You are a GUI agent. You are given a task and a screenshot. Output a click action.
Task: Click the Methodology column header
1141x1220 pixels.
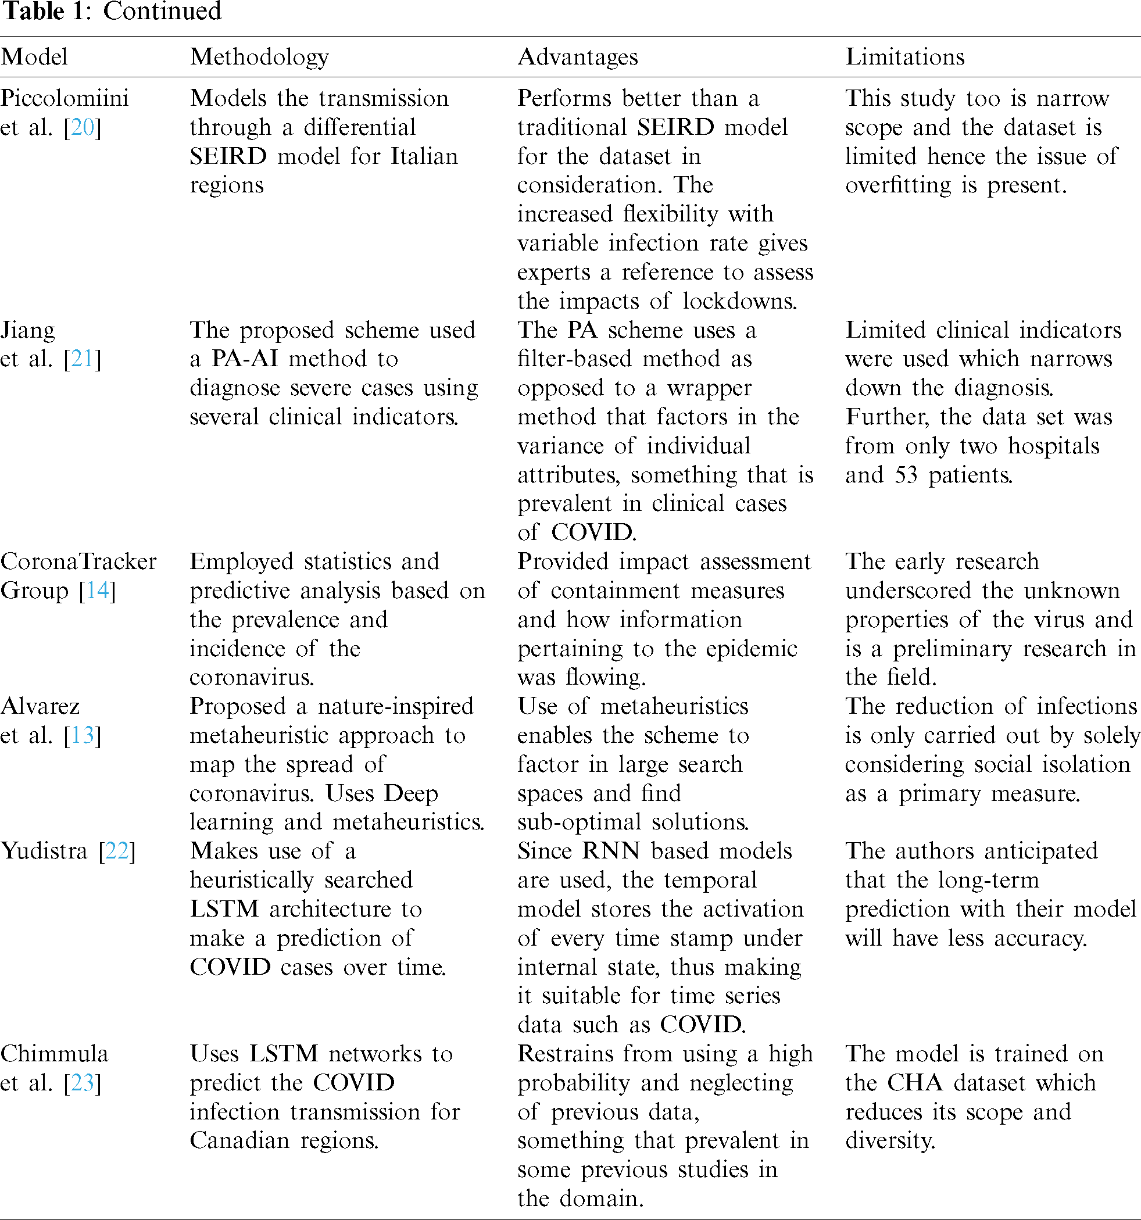(259, 57)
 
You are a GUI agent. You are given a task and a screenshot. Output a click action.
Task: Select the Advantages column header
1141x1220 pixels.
(578, 57)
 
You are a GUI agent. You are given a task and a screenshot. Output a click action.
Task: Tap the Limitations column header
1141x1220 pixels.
(904, 57)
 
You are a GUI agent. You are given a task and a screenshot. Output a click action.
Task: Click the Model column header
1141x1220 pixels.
(34, 57)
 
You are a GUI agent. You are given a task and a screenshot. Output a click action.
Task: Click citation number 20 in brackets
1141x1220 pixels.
(82, 128)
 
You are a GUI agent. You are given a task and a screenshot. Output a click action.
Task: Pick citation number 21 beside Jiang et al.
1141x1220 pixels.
(82, 359)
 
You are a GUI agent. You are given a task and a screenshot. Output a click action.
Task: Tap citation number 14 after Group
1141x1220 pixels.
(97, 591)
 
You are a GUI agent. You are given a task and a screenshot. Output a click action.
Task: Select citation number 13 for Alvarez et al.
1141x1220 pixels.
(82, 735)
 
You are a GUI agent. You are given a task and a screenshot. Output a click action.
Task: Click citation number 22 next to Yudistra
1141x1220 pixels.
(117, 851)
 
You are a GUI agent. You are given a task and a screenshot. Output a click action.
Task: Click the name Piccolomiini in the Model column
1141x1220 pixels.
(65, 98)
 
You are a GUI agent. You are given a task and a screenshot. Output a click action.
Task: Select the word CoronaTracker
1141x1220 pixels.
(78, 561)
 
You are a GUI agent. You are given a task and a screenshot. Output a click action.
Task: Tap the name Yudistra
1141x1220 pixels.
(44, 851)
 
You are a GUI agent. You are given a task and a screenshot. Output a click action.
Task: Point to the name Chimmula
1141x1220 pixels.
(54, 1054)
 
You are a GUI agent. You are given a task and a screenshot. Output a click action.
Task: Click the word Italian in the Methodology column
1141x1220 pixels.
(424, 156)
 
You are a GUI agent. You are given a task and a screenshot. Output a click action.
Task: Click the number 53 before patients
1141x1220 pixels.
(906, 475)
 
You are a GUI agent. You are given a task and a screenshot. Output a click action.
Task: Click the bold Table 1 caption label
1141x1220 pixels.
(47, 12)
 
